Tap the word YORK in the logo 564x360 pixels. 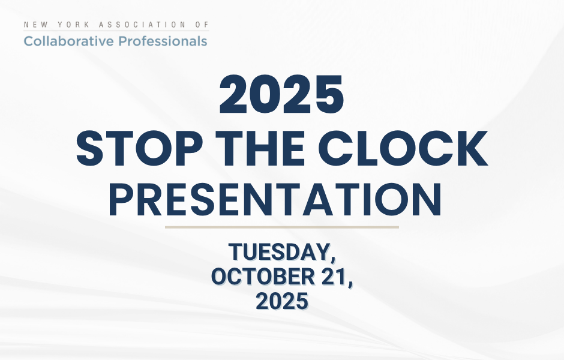70,25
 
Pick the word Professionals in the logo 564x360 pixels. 163,41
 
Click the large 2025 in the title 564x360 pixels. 281,95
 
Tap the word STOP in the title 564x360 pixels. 140,148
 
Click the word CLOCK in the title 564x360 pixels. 403,148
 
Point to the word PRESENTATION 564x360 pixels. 275,199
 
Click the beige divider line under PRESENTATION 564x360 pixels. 282,227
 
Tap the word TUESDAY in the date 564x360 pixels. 279,252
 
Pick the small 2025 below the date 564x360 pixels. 282,301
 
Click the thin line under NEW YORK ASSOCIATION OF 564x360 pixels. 116,31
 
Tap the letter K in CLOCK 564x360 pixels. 470,148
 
